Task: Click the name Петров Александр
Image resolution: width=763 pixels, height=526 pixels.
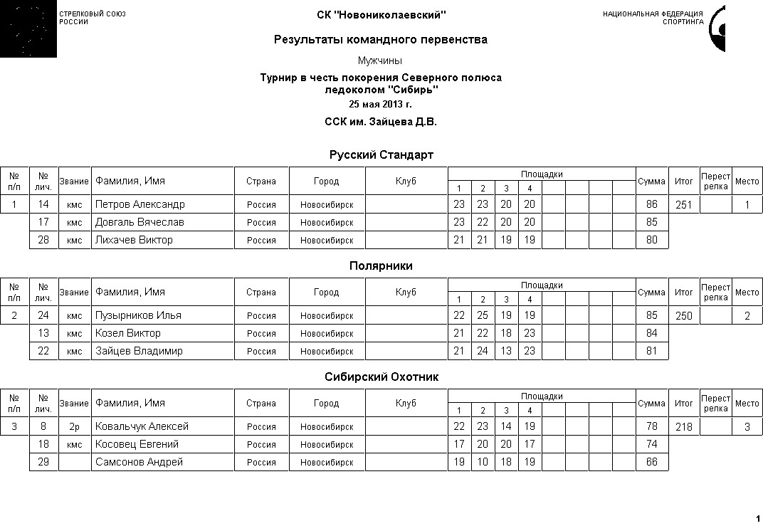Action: click(x=140, y=205)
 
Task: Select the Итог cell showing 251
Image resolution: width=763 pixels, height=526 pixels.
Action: click(x=683, y=205)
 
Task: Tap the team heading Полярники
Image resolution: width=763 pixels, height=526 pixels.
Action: click(x=381, y=266)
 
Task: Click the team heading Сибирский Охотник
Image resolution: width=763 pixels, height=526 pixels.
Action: click(x=381, y=377)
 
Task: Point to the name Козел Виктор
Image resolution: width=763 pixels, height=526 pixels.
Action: click(x=127, y=334)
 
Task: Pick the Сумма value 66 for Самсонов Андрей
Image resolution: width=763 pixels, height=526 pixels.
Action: click(x=651, y=463)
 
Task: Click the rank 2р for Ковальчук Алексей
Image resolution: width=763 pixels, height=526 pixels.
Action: click(x=74, y=427)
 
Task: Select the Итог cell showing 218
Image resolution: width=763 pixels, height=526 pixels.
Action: click(x=683, y=427)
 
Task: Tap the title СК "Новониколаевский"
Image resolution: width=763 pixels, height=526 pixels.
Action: click(x=381, y=15)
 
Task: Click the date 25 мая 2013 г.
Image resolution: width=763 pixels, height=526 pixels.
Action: click(x=380, y=105)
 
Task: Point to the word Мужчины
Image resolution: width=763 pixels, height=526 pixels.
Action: click(x=380, y=61)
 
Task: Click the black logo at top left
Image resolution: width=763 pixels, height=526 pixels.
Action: click(x=28, y=28)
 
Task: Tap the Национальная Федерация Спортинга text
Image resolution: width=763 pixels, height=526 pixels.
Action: click(x=653, y=18)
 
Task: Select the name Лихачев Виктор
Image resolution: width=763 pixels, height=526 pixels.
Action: click(x=134, y=241)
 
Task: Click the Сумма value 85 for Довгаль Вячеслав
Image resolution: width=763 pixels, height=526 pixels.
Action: click(x=651, y=223)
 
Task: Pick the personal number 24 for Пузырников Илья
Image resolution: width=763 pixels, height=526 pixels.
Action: click(x=43, y=316)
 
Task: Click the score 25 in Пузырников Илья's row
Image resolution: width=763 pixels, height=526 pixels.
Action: click(x=483, y=316)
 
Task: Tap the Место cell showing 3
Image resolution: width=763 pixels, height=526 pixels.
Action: click(x=747, y=427)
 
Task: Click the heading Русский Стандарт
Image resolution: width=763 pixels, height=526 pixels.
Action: click(x=381, y=155)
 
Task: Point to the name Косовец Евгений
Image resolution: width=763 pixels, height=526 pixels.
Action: click(x=137, y=445)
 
